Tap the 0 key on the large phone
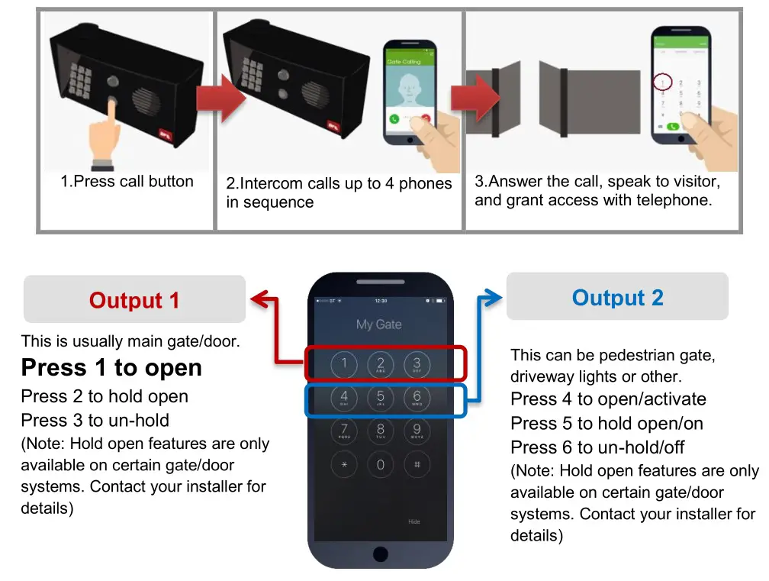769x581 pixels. coord(381,465)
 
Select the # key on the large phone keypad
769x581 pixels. coord(417,465)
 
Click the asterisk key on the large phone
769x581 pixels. coord(344,465)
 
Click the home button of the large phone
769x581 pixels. coord(380,552)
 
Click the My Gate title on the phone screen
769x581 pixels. coord(379,324)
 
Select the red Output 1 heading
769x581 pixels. coord(134,300)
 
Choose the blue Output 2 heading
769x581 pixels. coord(617,298)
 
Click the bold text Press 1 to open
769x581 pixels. coord(111,368)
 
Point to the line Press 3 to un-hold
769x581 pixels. coord(95,420)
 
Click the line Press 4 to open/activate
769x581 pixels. coord(608,399)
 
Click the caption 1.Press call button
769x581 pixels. coord(127,182)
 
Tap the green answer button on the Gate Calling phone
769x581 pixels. coord(394,119)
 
